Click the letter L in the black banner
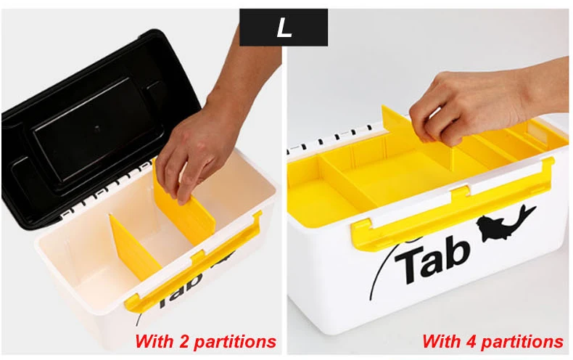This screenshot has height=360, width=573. [x=284, y=28]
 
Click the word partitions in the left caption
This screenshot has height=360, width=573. [x=235, y=342]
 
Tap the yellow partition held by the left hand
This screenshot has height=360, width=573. [x=184, y=205]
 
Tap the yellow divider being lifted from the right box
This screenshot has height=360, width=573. [x=416, y=139]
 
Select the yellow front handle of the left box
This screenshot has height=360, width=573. [x=194, y=263]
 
